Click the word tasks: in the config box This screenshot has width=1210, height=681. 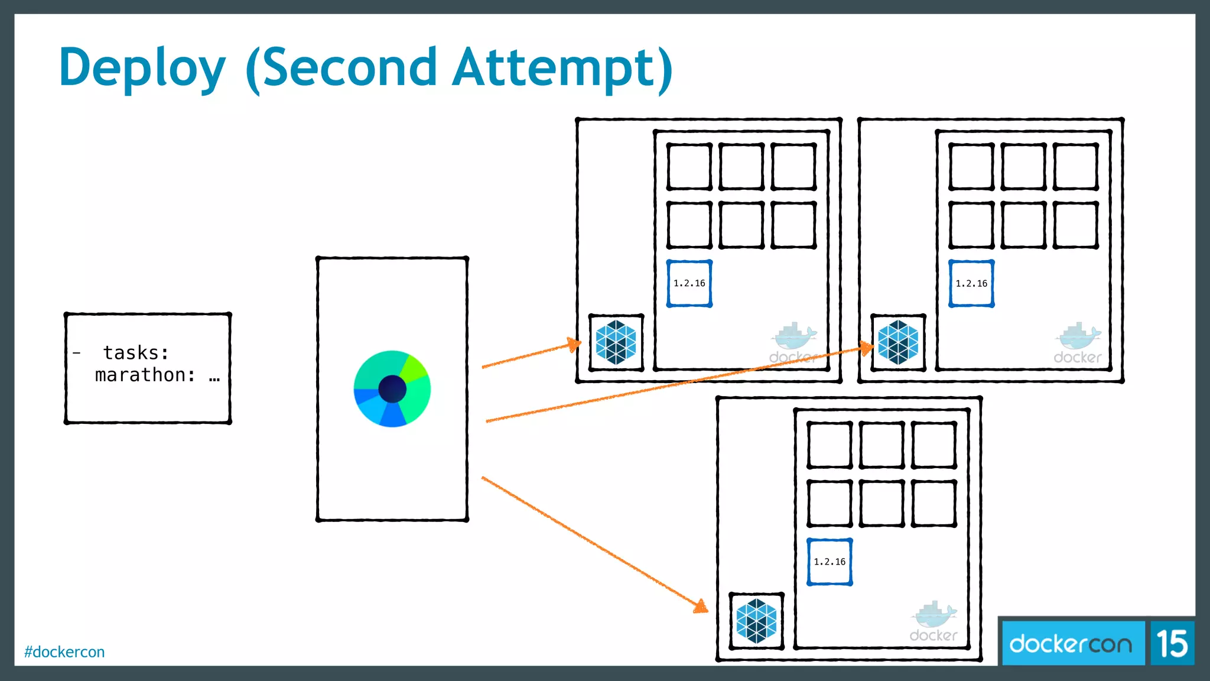[136, 353]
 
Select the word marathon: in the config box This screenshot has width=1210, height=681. [145, 375]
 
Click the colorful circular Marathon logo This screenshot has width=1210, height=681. [392, 389]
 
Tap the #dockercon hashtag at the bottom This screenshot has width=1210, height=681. [64, 651]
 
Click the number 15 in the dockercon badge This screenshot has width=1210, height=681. [1172, 644]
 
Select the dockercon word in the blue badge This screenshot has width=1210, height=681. [1071, 644]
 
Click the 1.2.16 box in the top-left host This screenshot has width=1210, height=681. [689, 284]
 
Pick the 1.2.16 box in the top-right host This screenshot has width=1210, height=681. [971, 284]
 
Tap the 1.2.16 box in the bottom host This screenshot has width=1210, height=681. [830, 562]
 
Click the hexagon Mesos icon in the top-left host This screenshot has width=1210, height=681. [616, 342]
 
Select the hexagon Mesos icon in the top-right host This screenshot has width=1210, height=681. [898, 342]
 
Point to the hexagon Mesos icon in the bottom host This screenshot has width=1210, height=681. [756, 621]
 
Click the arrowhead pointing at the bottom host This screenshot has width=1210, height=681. [701, 607]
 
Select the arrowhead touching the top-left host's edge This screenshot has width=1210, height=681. [573, 344]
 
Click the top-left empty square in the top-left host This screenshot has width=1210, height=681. [689, 166]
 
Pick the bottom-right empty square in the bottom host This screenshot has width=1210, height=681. [933, 503]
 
